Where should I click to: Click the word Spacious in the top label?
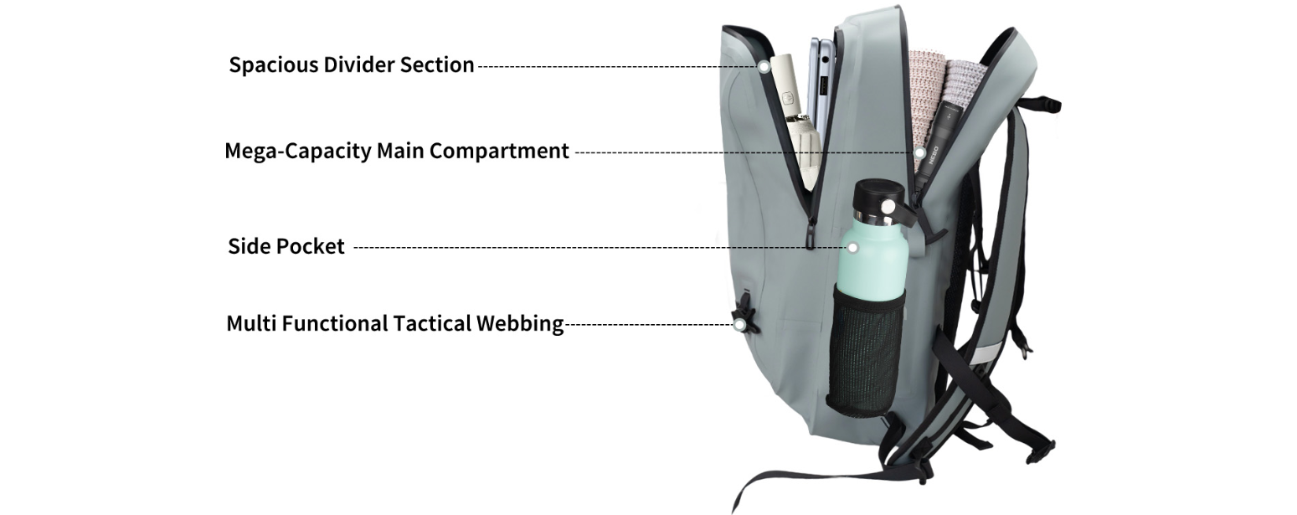[273, 64]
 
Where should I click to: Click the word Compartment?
[499, 152]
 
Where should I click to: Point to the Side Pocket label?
[286, 246]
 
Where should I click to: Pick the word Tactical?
[432, 323]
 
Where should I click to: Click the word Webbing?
[520, 324]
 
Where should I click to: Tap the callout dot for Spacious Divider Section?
[764, 67]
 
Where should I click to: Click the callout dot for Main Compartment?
[919, 153]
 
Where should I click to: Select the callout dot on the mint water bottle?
[852, 248]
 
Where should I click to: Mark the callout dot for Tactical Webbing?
[739, 325]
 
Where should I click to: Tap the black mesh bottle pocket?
[865, 353]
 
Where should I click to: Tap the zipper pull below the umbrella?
[811, 234]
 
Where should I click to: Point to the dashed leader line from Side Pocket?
[600, 247]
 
